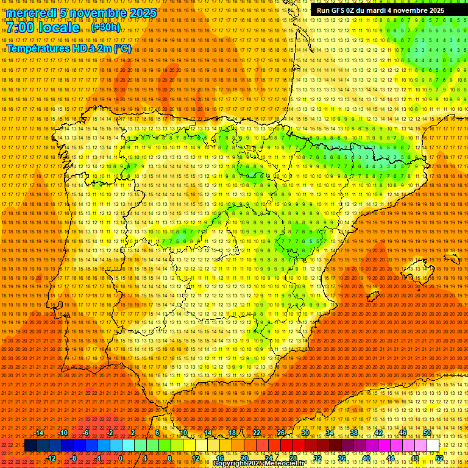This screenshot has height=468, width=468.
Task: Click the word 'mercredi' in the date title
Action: [x=32, y=13]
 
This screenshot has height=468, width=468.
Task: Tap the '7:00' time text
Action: [x=21, y=27]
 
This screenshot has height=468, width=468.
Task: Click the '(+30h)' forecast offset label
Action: [x=105, y=27]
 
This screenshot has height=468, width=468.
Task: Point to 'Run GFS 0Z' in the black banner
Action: [x=336, y=10]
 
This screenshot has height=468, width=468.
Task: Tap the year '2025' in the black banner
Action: [x=434, y=10]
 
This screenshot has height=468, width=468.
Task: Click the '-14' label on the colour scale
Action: [x=39, y=432]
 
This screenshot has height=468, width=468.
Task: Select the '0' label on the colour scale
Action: [x=121, y=458]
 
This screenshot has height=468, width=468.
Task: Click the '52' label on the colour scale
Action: [x=439, y=458]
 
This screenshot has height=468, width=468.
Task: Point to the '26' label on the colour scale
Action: [x=280, y=432]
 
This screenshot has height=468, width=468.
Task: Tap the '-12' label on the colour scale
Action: [x=51, y=458]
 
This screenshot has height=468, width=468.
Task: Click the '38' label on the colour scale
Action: [x=353, y=432]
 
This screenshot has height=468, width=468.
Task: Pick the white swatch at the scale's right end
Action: [x=433, y=445]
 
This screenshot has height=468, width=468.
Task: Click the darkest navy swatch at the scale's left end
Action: [x=30, y=445]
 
